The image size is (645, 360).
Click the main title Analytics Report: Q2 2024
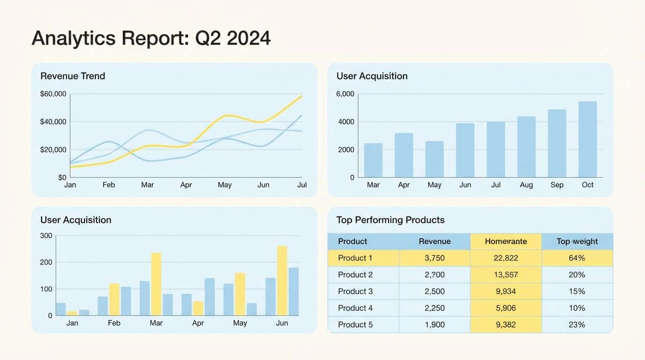(x=151, y=38)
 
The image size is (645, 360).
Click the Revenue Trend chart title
(x=73, y=76)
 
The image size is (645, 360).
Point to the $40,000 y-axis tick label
(x=53, y=122)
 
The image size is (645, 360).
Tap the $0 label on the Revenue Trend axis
(x=62, y=177)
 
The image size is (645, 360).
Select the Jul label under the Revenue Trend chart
(x=302, y=185)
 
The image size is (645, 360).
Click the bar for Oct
(x=588, y=139)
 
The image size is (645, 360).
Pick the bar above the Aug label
(x=526, y=147)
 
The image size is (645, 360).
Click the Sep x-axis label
(x=557, y=185)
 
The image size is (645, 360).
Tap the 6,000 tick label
(x=345, y=94)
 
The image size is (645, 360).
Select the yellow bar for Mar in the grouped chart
(x=156, y=284)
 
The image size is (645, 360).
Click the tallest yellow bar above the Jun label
(x=282, y=280)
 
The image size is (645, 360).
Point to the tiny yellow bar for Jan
(x=72, y=313)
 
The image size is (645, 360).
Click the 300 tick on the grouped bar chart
(x=46, y=235)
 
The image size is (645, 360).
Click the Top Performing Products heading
(x=390, y=220)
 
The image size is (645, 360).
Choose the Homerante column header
(x=506, y=241)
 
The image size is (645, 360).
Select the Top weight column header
(x=577, y=241)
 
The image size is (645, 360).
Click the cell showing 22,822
(x=506, y=258)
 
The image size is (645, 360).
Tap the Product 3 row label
(x=355, y=292)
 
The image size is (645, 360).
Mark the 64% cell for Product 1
(x=577, y=258)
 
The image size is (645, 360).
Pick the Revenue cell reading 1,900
(x=435, y=325)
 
